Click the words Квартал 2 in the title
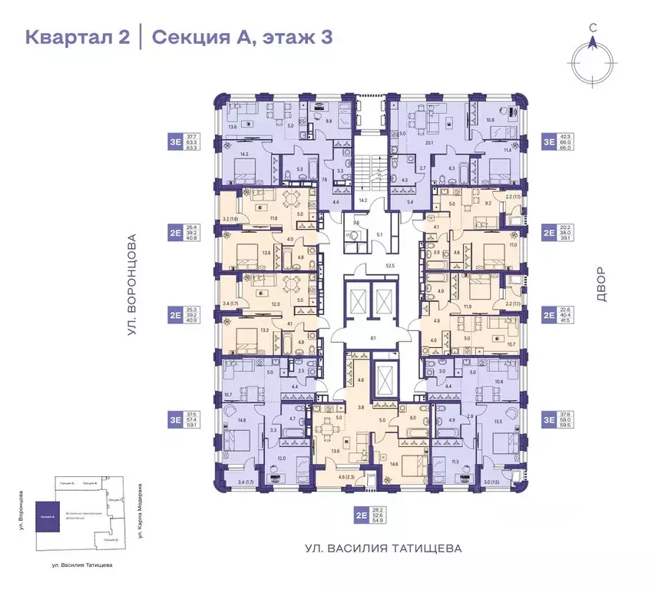(77, 36)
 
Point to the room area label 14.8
(243, 420)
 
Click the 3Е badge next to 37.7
(176, 141)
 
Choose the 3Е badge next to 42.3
(549, 141)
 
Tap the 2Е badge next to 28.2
(361, 516)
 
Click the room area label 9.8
(328, 121)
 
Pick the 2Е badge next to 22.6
(549, 314)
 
